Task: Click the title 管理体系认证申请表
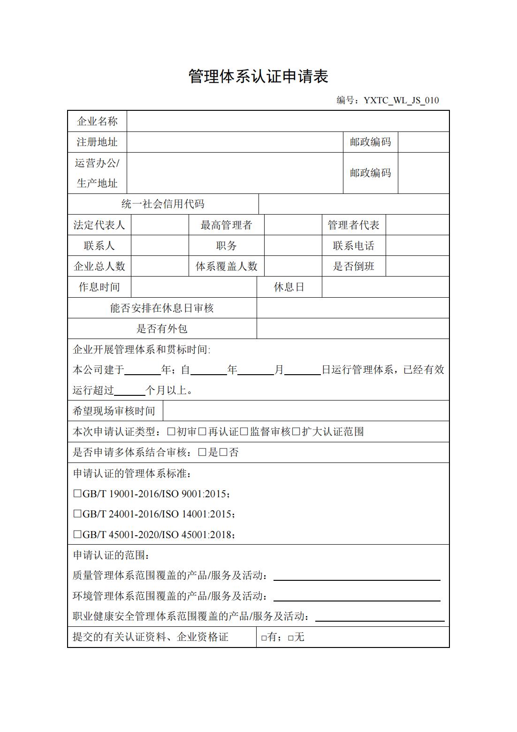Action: coord(258,76)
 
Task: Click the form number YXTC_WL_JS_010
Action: coord(401,100)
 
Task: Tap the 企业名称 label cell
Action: coord(97,122)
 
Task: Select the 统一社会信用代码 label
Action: coord(163,204)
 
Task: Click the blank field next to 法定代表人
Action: coord(160,225)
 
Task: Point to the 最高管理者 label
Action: coord(226,225)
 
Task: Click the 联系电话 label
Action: coord(354,246)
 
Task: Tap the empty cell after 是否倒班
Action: coord(417,267)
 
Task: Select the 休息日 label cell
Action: coord(289,287)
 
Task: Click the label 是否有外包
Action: coord(162,329)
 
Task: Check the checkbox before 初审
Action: coord(171,431)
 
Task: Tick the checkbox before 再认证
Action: coord(203,431)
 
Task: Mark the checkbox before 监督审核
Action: coord(244,431)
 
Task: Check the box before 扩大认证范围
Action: coord(296,431)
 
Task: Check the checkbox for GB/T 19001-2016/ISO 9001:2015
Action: coord(77,494)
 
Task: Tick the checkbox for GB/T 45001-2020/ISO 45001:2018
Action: coord(77,534)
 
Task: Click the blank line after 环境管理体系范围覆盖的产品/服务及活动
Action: coord(357,596)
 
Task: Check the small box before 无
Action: coord(291,638)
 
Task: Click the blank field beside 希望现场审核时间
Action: coord(305,411)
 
